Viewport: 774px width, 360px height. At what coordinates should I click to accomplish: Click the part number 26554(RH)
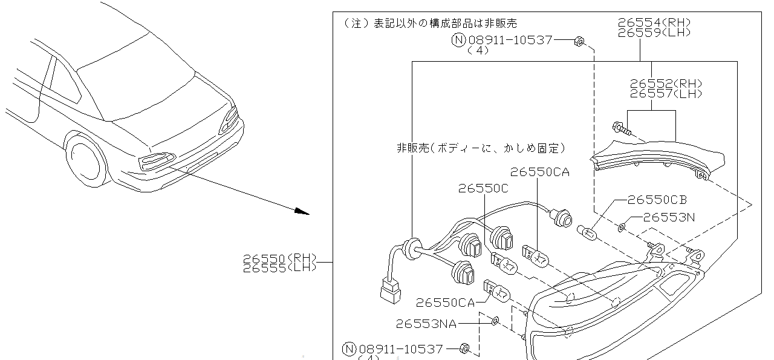pos(654,23)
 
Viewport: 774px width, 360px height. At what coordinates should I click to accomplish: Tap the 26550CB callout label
pos(657,199)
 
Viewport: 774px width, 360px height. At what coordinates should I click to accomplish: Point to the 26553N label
pos(668,217)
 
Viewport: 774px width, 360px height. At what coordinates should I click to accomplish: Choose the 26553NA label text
pos(426,324)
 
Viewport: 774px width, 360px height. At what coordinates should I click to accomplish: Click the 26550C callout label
pos(483,189)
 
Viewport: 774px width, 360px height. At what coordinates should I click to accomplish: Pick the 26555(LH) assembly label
pos(279,267)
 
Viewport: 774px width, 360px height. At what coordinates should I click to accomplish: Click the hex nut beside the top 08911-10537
pos(578,41)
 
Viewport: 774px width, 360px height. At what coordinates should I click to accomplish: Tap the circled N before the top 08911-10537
pos(458,41)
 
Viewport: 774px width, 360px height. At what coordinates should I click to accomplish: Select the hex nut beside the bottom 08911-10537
pos(464,349)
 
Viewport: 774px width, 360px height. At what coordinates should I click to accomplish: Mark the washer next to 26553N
pos(622,227)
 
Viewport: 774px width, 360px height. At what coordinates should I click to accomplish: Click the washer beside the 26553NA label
pos(495,320)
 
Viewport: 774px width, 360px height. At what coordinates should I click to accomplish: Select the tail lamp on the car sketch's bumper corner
pos(155,160)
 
